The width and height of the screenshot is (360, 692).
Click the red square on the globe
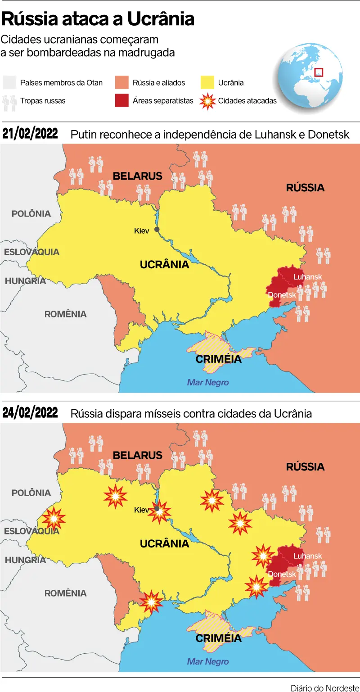tap(319, 72)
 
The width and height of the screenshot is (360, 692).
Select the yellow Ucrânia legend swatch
tap(207, 83)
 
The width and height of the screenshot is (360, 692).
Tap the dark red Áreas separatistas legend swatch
tap(121, 101)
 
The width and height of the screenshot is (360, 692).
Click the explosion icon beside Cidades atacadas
tap(207, 101)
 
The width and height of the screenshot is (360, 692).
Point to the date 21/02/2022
tap(30, 134)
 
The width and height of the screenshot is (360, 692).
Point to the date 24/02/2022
tap(30, 413)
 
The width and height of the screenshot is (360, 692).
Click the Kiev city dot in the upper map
tap(157, 230)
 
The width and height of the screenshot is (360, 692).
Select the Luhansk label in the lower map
tap(308, 556)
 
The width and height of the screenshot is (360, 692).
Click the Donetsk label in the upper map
tap(282, 295)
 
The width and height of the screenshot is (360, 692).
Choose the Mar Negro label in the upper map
tap(208, 383)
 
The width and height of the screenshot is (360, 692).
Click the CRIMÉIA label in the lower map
tap(219, 638)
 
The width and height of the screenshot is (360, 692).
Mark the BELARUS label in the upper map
tap(137, 176)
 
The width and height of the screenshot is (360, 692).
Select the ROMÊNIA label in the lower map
tap(65, 593)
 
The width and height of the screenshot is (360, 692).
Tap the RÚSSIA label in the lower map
tap(305, 467)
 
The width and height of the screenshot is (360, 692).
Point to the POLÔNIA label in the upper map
tap(31, 213)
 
